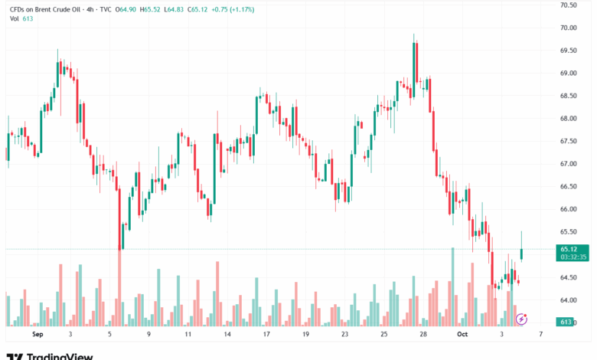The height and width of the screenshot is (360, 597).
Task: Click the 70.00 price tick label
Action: (x=568, y=28)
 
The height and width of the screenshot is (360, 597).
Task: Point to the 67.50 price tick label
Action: (x=568, y=141)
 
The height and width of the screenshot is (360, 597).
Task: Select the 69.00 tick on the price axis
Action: (x=568, y=73)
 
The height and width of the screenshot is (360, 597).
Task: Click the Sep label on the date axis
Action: (x=37, y=335)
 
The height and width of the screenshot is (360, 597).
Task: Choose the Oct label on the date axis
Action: (x=462, y=335)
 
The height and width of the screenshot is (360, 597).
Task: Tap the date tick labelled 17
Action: (x=266, y=335)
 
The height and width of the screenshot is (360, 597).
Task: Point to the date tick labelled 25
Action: (x=383, y=335)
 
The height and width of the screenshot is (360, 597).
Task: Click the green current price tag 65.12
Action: (x=568, y=249)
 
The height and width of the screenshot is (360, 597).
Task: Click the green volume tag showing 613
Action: (x=566, y=322)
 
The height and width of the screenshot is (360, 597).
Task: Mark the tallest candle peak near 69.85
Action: (x=414, y=35)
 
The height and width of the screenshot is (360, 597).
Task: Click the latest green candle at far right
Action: (x=522, y=254)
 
